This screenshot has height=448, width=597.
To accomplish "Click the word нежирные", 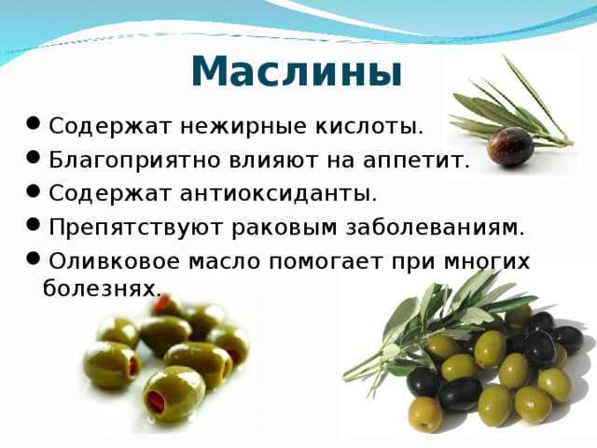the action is coord(243,127).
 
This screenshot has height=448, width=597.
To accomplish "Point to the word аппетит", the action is coord(416,161).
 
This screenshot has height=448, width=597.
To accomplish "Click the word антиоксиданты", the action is coord(278,193).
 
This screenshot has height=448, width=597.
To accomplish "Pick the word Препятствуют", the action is coord(135,228).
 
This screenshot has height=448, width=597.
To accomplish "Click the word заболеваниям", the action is coord(436,228).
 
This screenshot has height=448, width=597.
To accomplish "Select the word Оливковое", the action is coord(114,261).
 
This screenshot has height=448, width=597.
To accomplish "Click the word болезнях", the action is coord(102,288).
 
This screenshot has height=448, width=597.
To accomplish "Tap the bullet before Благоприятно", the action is coord(34,158).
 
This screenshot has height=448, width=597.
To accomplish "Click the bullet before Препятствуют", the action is coord(34,224).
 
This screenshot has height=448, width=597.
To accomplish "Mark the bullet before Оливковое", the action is coord(34,259).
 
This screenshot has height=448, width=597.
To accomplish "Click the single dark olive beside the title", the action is coord(510,147).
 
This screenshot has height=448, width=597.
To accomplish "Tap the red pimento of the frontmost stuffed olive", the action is coord(155,402).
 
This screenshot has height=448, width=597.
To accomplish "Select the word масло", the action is coord(224,261).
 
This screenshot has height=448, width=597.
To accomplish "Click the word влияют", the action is coord(273,161).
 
